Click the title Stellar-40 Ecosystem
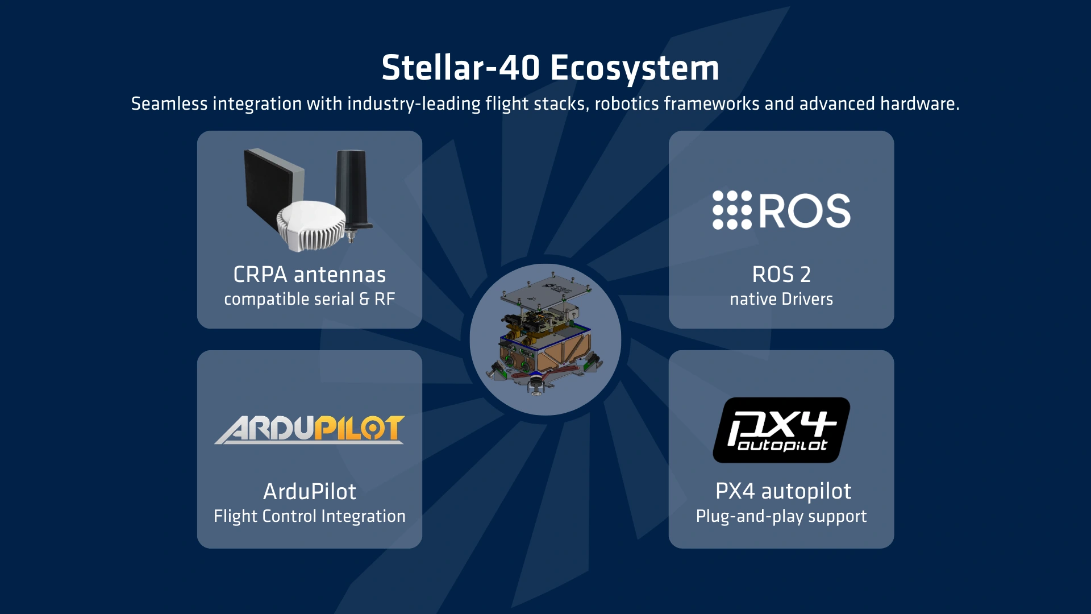[550, 68]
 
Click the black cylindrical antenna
[352, 188]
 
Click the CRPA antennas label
[310, 275]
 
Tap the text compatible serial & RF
[310, 299]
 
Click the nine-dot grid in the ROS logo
[732, 210]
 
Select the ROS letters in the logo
[805, 211]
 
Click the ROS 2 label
[781, 275]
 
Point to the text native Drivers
[781, 299]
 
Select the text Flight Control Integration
[310, 516]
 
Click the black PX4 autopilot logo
[781, 430]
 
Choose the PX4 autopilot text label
[783, 491]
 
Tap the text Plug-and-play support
[781, 516]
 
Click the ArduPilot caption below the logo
[310, 492]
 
